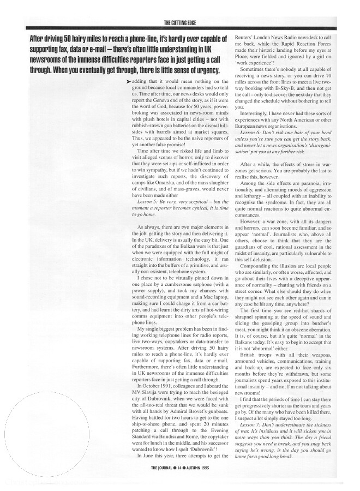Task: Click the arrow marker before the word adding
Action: [128, 81]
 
